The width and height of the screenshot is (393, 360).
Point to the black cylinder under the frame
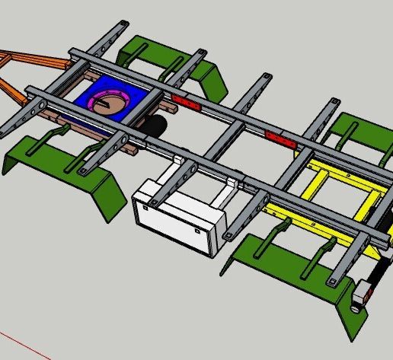click(x=155, y=126)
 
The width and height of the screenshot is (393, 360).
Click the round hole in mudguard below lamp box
click(x=356, y=311)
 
